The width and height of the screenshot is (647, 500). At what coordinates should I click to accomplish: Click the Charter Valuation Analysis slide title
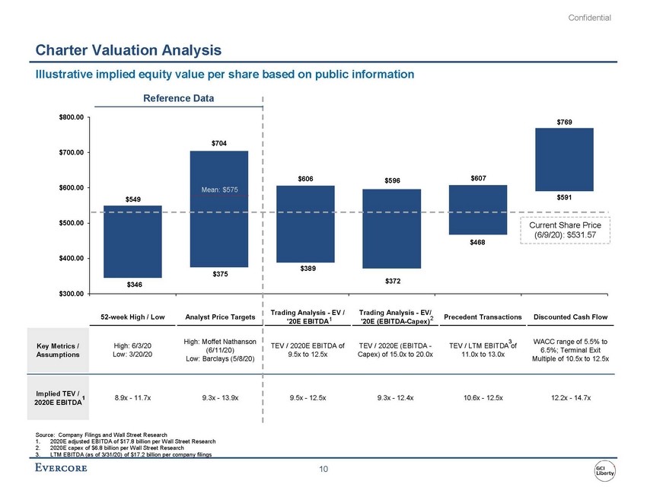(129, 50)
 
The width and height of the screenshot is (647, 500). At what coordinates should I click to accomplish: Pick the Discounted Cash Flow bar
(564, 159)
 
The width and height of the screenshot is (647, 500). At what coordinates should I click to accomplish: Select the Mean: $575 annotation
(219, 188)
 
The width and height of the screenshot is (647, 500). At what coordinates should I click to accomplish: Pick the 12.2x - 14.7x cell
(564, 396)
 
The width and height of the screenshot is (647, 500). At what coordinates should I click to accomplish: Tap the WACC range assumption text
(564, 349)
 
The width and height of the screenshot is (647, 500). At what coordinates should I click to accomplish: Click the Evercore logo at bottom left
(62, 467)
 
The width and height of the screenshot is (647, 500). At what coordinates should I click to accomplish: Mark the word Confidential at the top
(590, 18)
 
